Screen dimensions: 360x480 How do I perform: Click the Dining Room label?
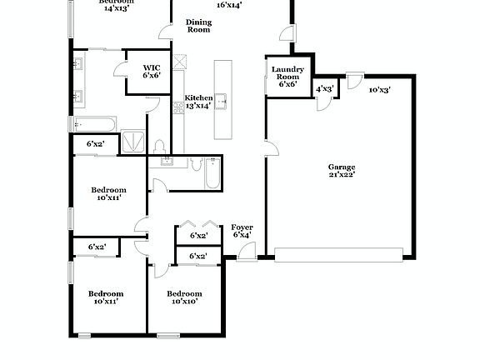click(x=198, y=26)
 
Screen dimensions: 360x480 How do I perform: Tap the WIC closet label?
click(x=151, y=72)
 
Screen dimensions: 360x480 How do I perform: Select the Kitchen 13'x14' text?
click(x=199, y=102)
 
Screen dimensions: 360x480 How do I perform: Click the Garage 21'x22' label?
click(x=342, y=172)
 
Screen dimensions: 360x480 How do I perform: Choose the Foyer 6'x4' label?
click(x=242, y=231)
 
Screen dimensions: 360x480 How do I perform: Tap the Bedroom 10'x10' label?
click(x=183, y=297)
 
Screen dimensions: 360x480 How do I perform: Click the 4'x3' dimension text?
click(x=324, y=88)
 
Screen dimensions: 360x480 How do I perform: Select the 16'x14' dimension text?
click(x=229, y=5)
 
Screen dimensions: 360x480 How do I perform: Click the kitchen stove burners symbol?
click(x=178, y=107)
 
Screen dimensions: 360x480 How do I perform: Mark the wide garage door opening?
click(x=342, y=254)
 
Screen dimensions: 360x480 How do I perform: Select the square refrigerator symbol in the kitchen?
click(x=178, y=62)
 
